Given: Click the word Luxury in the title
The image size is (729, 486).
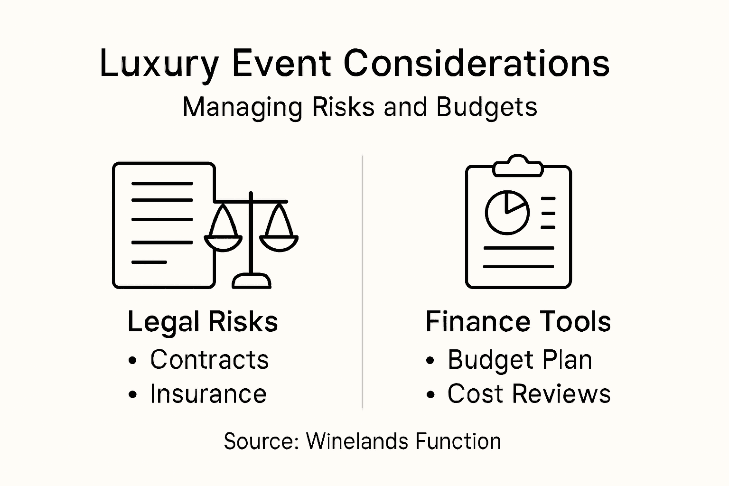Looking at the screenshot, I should [159, 64].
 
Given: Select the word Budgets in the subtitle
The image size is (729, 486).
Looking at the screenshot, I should [486, 107].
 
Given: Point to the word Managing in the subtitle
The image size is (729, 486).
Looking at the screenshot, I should [242, 108].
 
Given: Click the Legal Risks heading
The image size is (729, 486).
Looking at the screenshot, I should [203, 322].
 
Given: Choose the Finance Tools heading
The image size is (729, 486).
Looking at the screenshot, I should [518, 322].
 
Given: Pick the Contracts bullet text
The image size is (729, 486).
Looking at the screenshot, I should [209, 360].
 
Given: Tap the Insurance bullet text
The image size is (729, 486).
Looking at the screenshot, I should [208, 394].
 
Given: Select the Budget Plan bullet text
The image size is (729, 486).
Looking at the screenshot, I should [520, 360].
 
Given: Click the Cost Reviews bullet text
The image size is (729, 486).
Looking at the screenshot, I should [529, 394].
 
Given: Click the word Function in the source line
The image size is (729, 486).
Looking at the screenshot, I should [458, 441].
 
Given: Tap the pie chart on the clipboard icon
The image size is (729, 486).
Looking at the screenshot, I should [507, 212].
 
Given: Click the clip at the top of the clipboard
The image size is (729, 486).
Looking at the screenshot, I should [518, 166].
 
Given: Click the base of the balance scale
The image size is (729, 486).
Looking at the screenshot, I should [251, 281].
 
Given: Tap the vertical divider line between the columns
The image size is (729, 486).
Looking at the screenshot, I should [363, 280].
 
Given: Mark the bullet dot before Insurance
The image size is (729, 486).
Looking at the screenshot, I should [133, 394].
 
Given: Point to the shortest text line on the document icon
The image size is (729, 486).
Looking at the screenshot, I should [149, 262].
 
